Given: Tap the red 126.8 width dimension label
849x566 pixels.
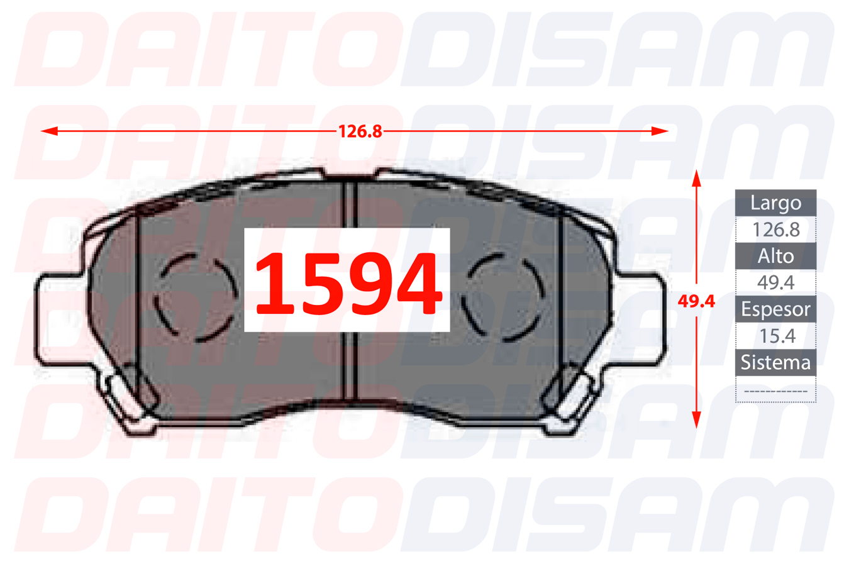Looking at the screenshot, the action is [360, 131].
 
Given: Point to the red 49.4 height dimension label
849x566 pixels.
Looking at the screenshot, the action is [696, 301].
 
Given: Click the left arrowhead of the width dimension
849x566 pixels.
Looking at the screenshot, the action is [49, 131].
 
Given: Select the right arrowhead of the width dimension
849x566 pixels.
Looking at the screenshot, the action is [660, 131].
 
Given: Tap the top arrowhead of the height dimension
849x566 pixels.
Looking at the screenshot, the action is [696, 178].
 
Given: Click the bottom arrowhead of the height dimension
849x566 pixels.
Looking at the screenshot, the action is [696, 419].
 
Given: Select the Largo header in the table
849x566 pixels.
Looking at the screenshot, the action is [776, 203].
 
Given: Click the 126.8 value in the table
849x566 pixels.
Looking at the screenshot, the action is [776, 230].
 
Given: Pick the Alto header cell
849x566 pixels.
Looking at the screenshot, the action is [776, 257].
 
